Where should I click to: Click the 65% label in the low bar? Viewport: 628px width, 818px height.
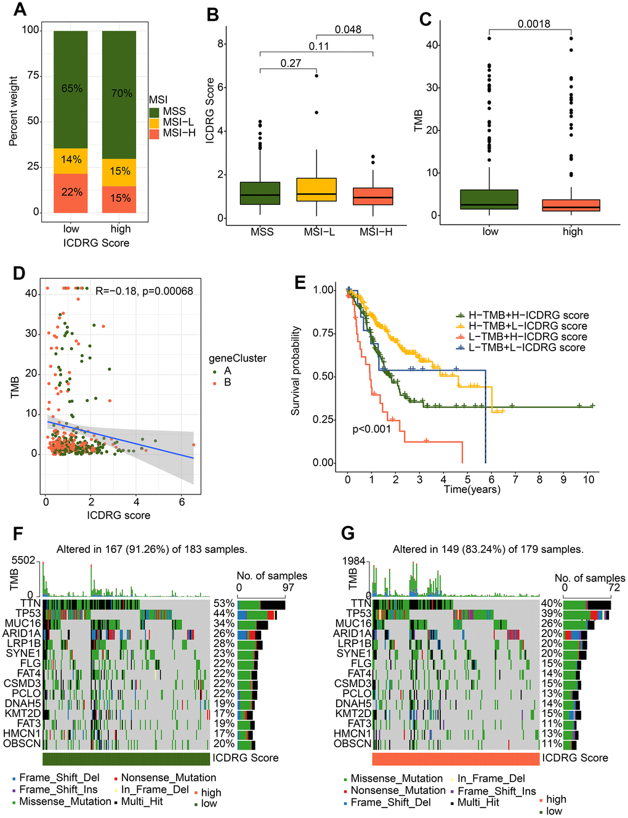click(71, 89)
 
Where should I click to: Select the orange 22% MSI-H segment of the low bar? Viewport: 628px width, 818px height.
click(71, 193)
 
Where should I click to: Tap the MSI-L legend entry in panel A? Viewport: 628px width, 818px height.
click(178, 122)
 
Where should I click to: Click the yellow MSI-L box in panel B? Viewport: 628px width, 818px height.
click(316, 190)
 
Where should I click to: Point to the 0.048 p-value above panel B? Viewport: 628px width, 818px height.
click(348, 30)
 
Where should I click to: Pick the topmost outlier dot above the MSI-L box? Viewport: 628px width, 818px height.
click(316, 75)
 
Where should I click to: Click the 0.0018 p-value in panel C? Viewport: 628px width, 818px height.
click(534, 24)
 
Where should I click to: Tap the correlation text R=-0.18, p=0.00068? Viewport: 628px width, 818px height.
click(144, 290)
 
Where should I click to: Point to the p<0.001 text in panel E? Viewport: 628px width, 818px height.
click(371, 429)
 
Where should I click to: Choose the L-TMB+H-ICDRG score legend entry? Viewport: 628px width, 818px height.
click(528, 337)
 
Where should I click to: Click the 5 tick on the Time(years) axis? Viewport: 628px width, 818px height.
click(467, 480)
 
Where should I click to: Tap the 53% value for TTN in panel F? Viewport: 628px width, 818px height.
click(223, 603)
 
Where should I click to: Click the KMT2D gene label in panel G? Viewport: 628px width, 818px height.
click(353, 713)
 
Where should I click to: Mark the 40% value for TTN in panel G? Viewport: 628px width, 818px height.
click(552, 603)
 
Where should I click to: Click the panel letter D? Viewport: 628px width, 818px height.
click(19, 272)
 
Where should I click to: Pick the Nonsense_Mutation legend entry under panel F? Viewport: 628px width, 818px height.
click(168, 777)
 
